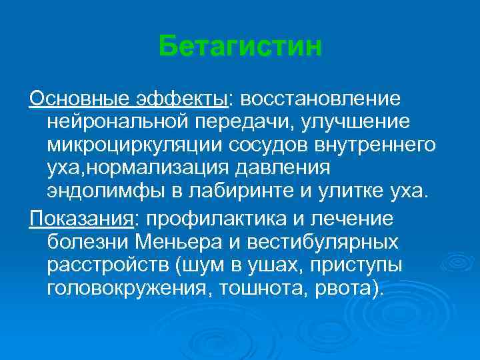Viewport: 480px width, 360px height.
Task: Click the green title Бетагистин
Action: click(x=241, y=47)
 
